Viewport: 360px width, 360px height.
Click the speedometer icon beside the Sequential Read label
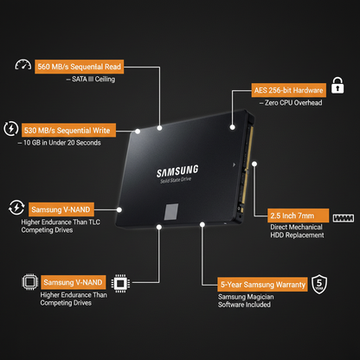click(23, 65)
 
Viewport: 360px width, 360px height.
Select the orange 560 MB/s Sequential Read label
click(80, 67)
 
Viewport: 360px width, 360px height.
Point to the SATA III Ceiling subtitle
click(91, 79)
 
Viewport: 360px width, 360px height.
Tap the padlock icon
click(337, 85)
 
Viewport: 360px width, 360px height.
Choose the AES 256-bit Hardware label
click(289, 90)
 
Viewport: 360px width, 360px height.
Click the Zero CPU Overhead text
click(291, 103)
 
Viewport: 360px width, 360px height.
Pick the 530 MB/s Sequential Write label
click(68, 131)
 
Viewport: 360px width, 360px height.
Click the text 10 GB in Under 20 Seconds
click(59, 143)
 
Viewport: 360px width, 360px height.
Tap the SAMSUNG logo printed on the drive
click(177, 170)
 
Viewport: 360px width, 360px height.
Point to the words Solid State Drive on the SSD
click(176, 180)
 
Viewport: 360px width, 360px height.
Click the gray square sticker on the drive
click(171, 212)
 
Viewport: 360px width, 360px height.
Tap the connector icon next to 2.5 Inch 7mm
click(344, 218)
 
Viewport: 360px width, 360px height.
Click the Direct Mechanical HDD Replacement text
click(297, 231)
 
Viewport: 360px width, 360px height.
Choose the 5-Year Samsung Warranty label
click(262, 285)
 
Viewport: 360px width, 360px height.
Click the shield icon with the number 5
click(319, 284)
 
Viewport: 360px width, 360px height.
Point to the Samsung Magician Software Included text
click(246, 300)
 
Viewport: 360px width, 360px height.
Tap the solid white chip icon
click(120, 283)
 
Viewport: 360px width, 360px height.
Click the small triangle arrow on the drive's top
click(234, 164)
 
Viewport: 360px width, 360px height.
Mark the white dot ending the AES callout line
click(233, 127)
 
